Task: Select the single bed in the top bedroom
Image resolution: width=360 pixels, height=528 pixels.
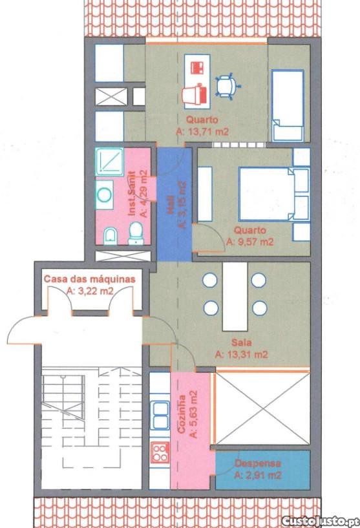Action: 288,105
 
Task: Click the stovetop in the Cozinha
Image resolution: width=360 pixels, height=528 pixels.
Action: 160,452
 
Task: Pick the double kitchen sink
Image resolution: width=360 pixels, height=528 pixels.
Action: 160,415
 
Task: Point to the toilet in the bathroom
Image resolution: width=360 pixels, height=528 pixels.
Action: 136,233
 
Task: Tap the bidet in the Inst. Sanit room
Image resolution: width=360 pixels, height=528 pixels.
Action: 110,236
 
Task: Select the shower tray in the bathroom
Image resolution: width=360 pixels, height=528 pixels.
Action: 109,162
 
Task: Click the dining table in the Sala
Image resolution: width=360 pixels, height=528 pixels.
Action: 235,297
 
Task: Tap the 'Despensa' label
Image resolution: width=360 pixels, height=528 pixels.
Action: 258,463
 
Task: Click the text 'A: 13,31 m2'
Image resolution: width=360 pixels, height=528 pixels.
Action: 242,354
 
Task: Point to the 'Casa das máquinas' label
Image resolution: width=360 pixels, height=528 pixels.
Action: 90,279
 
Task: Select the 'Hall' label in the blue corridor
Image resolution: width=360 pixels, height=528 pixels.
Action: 171,205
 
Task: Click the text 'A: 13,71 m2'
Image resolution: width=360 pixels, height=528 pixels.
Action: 202,131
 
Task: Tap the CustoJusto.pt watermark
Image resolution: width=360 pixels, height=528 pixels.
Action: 319,521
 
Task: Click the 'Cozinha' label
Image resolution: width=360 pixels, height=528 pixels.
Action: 182,414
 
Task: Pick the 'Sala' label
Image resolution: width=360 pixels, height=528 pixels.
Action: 242,343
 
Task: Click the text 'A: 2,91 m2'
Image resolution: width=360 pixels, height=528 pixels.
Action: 258,475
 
